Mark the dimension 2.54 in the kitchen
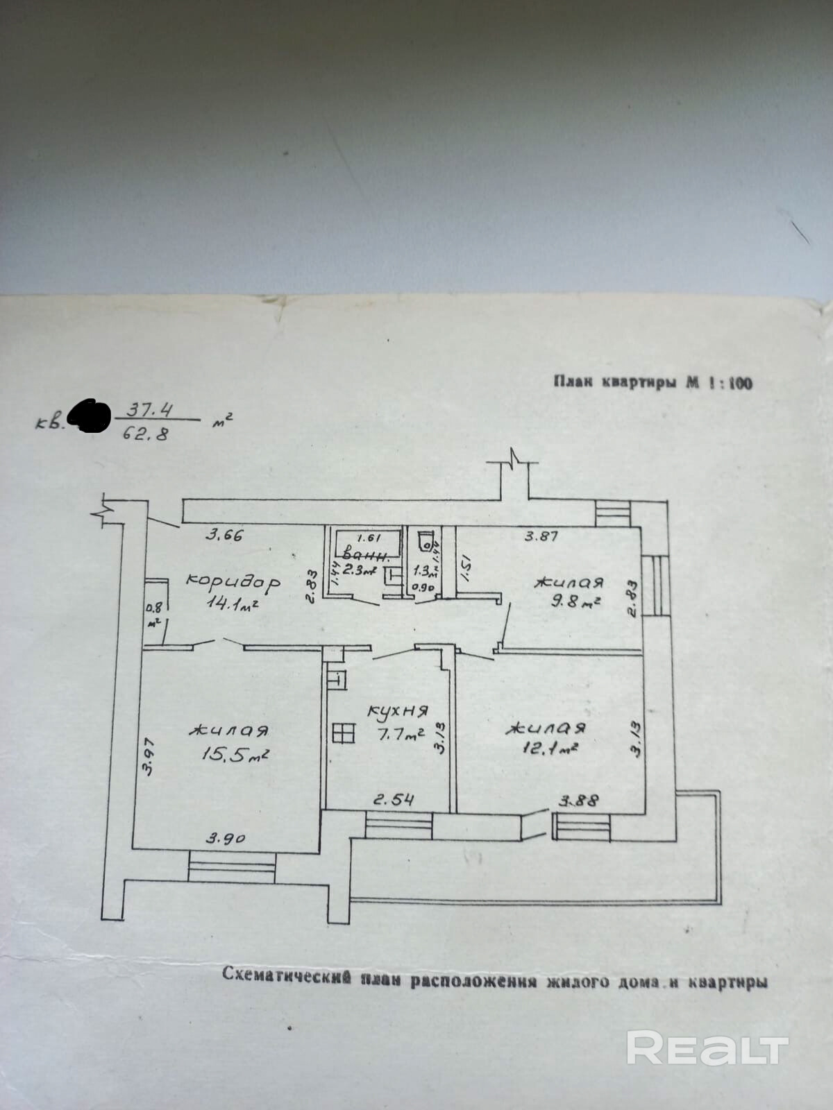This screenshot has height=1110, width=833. pos(394,800)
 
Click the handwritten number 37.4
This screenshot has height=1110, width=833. pos(148,410)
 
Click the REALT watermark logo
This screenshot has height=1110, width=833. pos(707,1048)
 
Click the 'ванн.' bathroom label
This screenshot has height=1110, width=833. pos(371,555)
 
